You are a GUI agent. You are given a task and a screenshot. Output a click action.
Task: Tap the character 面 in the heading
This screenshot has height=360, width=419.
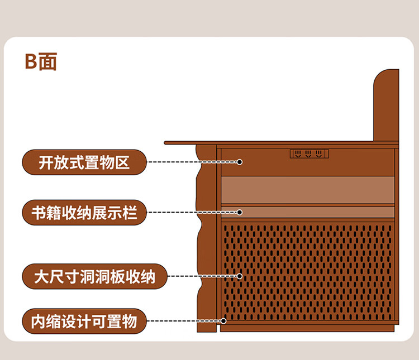click(x=47, y=61)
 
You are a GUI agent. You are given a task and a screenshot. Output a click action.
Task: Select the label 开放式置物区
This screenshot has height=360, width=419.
click(x=84, y=162)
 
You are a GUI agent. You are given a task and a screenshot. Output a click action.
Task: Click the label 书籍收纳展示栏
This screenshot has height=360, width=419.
click(x=84, y=213)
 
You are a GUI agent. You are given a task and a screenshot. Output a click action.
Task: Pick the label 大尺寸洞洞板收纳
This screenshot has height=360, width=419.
click(x=94, y=276)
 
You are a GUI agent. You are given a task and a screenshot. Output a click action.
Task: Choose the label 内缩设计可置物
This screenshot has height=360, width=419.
click(x=84, y=321)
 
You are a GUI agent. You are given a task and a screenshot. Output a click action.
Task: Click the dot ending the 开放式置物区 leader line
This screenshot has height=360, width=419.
click(x=239, y=162)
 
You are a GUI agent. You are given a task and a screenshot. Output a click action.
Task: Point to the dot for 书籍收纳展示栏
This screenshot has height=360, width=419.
click(x=239, y=213)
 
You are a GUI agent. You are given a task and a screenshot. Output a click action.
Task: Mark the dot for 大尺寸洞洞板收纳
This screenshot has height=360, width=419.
click(x=239, y=276)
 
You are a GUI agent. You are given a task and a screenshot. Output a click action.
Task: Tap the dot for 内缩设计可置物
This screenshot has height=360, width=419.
click(x=223, y=321)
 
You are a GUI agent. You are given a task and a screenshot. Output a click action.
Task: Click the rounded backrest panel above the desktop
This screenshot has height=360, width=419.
click(x=386, y=106)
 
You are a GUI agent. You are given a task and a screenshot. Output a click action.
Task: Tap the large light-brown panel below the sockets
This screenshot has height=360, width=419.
click(x=307, y=189)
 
